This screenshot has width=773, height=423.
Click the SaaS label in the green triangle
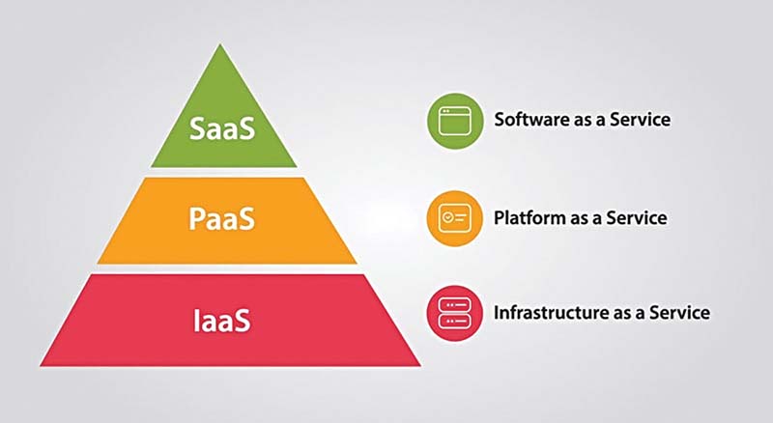click(x=222, y=128)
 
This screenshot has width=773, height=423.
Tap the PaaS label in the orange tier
click(x=222, y=218)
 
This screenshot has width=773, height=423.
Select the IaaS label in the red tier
click(x=222, y=321)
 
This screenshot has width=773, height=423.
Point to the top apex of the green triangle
click(x=220, y=44)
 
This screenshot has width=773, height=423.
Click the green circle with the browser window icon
click(x=454, y=121)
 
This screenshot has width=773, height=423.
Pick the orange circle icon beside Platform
click(x=454, y=218)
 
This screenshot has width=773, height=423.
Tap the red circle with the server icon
click(x=454, y=313)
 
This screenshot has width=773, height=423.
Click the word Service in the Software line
click(x=641, y=120)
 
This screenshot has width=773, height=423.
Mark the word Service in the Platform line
click(x=637, y=217)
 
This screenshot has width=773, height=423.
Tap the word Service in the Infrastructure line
click(x=680, y=313)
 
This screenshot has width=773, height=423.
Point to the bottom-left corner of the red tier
click(x=41, y=366)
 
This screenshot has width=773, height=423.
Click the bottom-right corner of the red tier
click(x=420, y=366)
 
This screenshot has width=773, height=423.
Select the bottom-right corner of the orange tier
click(x=357, y=264)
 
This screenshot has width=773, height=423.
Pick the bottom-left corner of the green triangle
click(x=151, y=167)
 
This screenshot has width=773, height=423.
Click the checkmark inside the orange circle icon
click(x=447, y=217)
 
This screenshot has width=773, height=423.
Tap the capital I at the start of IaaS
click(x=196, y=321)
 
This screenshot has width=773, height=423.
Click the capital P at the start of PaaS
click(x=196, y=218)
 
